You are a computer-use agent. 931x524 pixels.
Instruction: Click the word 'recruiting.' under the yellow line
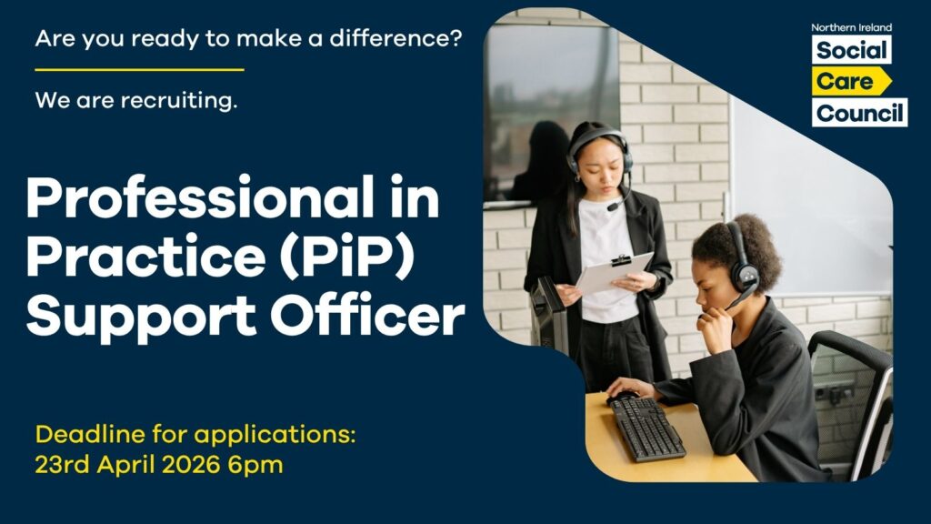(181, 100)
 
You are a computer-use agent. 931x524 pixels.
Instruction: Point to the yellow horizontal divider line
(139, 69)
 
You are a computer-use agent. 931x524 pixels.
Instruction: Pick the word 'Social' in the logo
(851, 50)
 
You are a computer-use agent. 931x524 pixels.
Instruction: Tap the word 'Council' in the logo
(859, 114)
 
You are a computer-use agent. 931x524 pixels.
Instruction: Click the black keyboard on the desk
(646, 428)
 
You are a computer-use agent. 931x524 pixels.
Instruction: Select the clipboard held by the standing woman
(615, 273)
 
